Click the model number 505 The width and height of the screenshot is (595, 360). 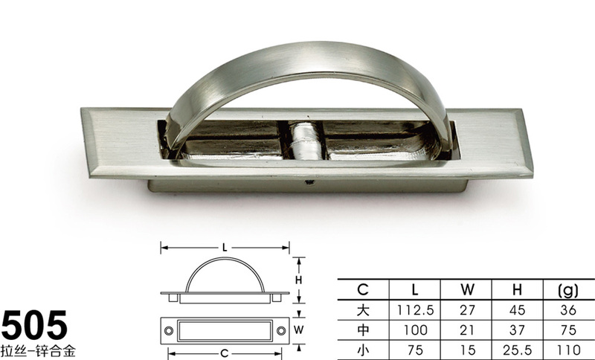(34, 325)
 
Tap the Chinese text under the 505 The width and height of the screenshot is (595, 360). (38, 350)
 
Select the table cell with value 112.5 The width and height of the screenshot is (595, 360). (415, 310)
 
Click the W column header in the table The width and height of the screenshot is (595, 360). (467, 290)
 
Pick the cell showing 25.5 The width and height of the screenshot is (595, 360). (517, 350)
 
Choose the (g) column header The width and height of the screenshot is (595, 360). (568, 290)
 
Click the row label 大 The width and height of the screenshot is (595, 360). (363, 310)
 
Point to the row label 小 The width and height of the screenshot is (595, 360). (363, 350)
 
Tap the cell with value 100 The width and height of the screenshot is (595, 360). (415, 330)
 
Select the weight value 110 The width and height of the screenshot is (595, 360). (568, 350)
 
